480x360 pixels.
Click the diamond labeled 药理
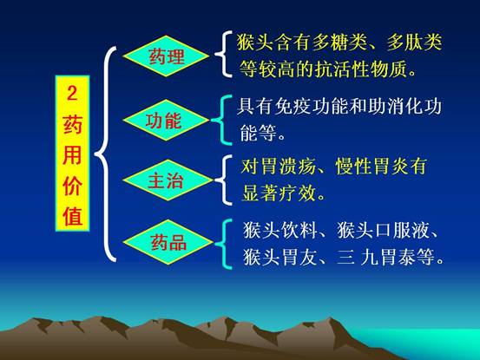(x=167, y=56)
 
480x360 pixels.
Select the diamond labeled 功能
(x=167, y=120)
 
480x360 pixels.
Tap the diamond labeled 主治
(x=168, y=180)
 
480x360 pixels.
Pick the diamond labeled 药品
(x=168, y=242)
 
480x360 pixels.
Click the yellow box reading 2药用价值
(x=72, y=153)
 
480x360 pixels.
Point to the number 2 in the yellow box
(x=72, y=93)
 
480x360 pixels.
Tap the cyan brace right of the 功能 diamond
(x=221, y=120)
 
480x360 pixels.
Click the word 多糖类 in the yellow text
(x=339, y=43)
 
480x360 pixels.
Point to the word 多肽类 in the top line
(x=414, y=43)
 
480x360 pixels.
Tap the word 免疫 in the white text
(x=293, y=107)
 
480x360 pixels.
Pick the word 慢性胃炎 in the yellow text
(x=372, y=166)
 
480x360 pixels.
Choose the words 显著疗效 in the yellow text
(x=279, y=193)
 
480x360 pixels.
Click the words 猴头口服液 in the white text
(x=383, y=230)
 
